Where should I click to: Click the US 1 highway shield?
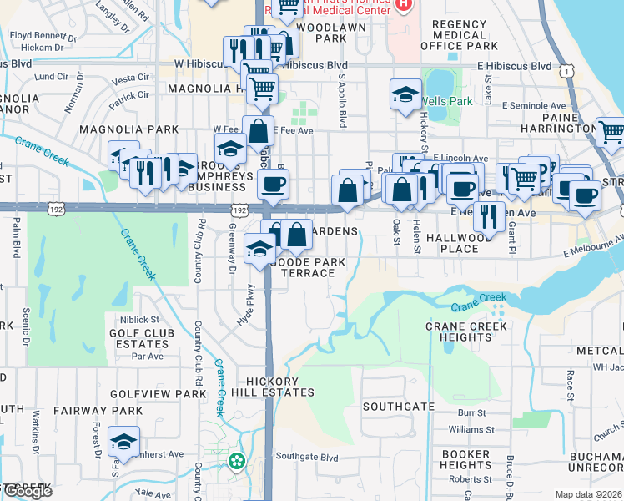point(567,72)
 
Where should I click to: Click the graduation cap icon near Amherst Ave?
point(123,442)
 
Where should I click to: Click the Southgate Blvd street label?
point(307,457)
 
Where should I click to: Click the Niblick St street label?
point(138,319)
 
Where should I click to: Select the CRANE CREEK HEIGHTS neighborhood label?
point(467,331)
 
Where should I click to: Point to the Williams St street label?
point(465,429)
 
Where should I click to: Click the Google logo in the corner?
point(28,491)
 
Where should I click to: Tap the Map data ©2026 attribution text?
point(588,494)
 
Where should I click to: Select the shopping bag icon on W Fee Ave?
point(259,131)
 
